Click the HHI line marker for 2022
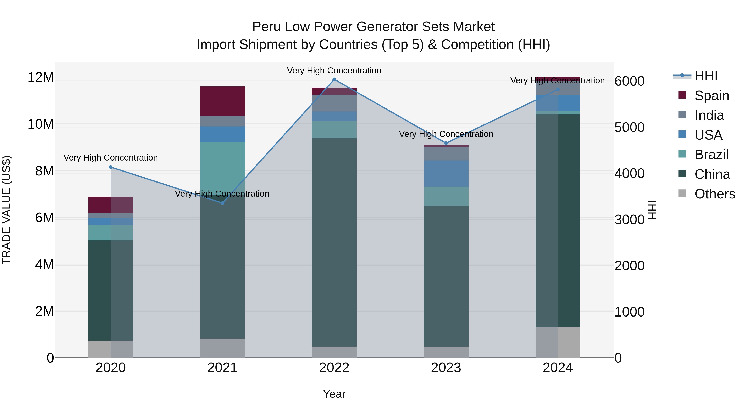coord(334,79)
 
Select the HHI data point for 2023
coord(446,143)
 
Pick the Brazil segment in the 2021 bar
coord(222,165)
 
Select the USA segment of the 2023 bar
coord(446,173)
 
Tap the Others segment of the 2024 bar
coord(557,342)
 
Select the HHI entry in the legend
coord(706,76)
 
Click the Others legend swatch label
coord(714,194)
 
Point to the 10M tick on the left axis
coord(41,124)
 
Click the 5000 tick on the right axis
coord(630,127)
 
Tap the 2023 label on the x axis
coord(446,368)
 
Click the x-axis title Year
coord(334,394)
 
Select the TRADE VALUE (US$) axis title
coord(6,210)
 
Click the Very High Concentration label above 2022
coord(334,71)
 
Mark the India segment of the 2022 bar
coord(334,103)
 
